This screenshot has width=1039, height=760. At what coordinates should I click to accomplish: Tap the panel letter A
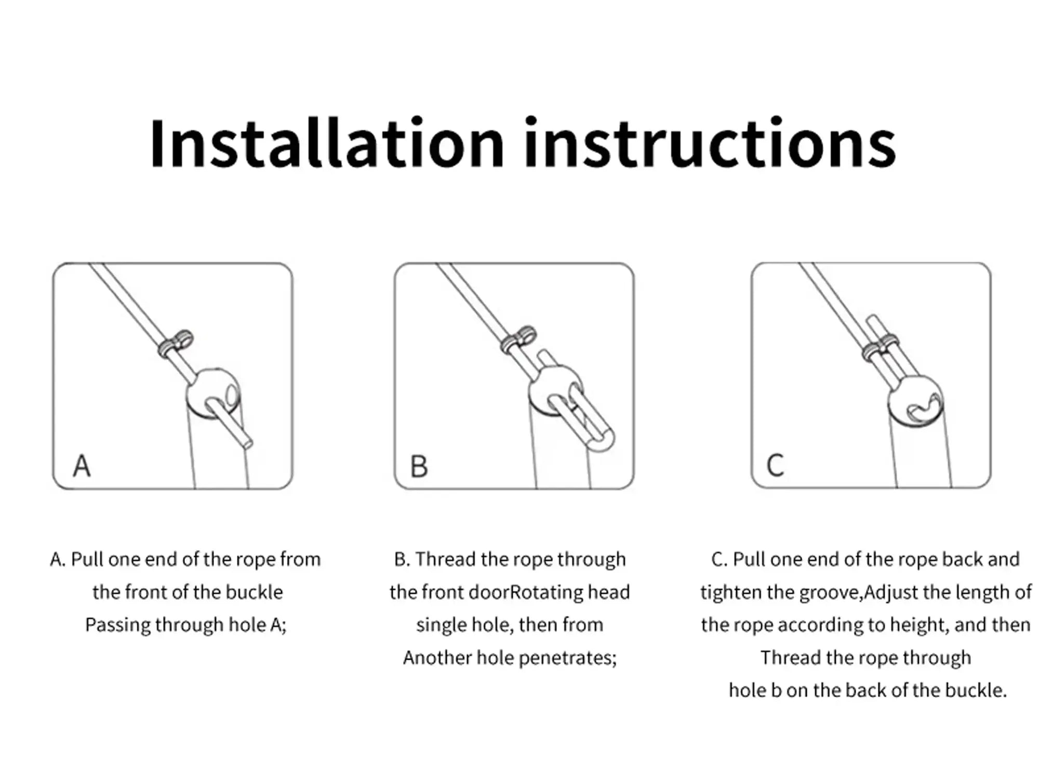click(x=82, y=466)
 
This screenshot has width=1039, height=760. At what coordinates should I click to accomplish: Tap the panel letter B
click(x=419, y=466)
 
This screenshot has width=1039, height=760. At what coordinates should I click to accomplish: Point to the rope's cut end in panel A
click(x=248, y=443)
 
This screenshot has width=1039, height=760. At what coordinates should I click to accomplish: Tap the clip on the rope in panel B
click(x=518, y=340)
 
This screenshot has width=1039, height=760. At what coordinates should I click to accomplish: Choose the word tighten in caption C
click(x=730, y=592)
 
